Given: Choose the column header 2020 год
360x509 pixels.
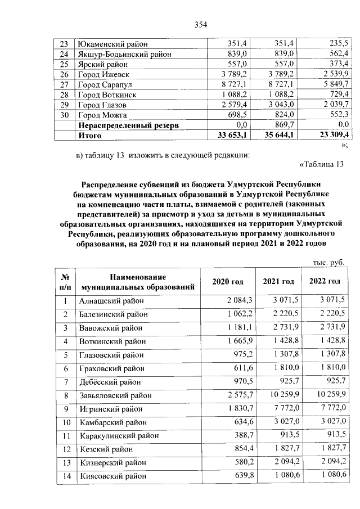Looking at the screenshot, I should tap(228, 281).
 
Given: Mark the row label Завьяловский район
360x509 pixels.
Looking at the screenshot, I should tap(118, 395).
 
